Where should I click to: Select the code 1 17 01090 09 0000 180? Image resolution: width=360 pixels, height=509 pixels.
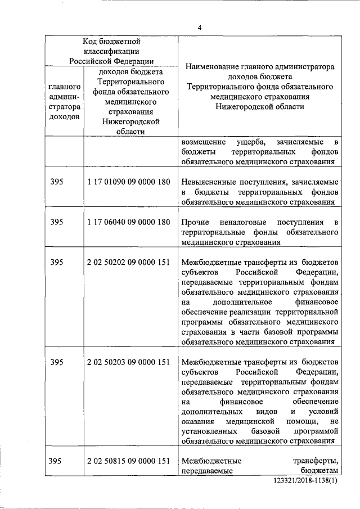129,182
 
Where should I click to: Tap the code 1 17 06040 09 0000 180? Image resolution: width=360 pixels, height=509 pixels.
129,222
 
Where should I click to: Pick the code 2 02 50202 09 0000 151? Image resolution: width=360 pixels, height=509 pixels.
129,262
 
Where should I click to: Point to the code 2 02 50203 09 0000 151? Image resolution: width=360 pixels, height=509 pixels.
129,362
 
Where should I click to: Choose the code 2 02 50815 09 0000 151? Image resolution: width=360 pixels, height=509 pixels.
129,462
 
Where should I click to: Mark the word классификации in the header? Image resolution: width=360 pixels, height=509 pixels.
111,51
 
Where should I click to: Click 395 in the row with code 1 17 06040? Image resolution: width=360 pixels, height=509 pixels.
56,222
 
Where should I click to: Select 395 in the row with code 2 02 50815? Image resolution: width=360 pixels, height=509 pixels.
56,462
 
